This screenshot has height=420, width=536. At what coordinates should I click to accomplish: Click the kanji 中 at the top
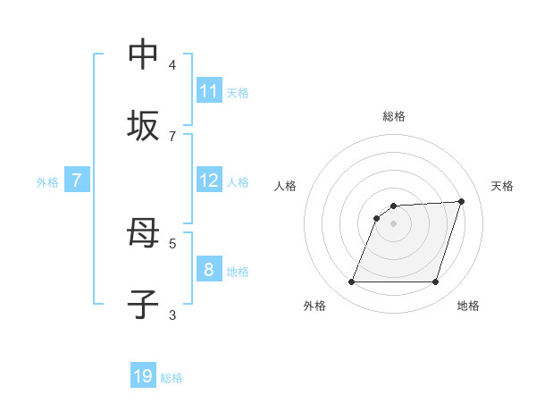143,54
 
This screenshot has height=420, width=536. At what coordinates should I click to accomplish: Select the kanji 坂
143,126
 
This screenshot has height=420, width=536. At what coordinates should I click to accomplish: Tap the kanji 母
143,234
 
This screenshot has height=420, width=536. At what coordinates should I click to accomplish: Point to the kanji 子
143,306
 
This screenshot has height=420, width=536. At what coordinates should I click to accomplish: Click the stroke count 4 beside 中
172,64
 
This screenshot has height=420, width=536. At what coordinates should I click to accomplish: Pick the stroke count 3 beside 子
172,315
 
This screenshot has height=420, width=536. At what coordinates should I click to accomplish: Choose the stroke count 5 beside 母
172,242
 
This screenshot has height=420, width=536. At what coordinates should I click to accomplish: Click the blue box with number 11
209,91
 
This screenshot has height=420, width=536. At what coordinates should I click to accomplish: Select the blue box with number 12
209,181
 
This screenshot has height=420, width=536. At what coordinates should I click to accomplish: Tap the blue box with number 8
209,270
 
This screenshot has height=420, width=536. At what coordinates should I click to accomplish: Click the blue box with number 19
143,376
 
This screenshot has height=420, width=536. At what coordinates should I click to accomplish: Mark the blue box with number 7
77,181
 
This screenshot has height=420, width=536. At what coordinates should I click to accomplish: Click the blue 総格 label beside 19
172,378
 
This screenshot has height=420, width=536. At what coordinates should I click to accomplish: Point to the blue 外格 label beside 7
47,182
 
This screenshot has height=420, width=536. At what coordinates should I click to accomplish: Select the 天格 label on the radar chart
502,186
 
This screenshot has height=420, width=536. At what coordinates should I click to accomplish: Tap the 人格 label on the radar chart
286,186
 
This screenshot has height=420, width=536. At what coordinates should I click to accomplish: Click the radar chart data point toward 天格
462,201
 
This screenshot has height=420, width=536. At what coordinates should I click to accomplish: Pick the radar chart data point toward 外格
351,282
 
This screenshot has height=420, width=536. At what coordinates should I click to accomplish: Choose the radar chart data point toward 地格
435,282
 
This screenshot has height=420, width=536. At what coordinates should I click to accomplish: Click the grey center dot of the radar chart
393,223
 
